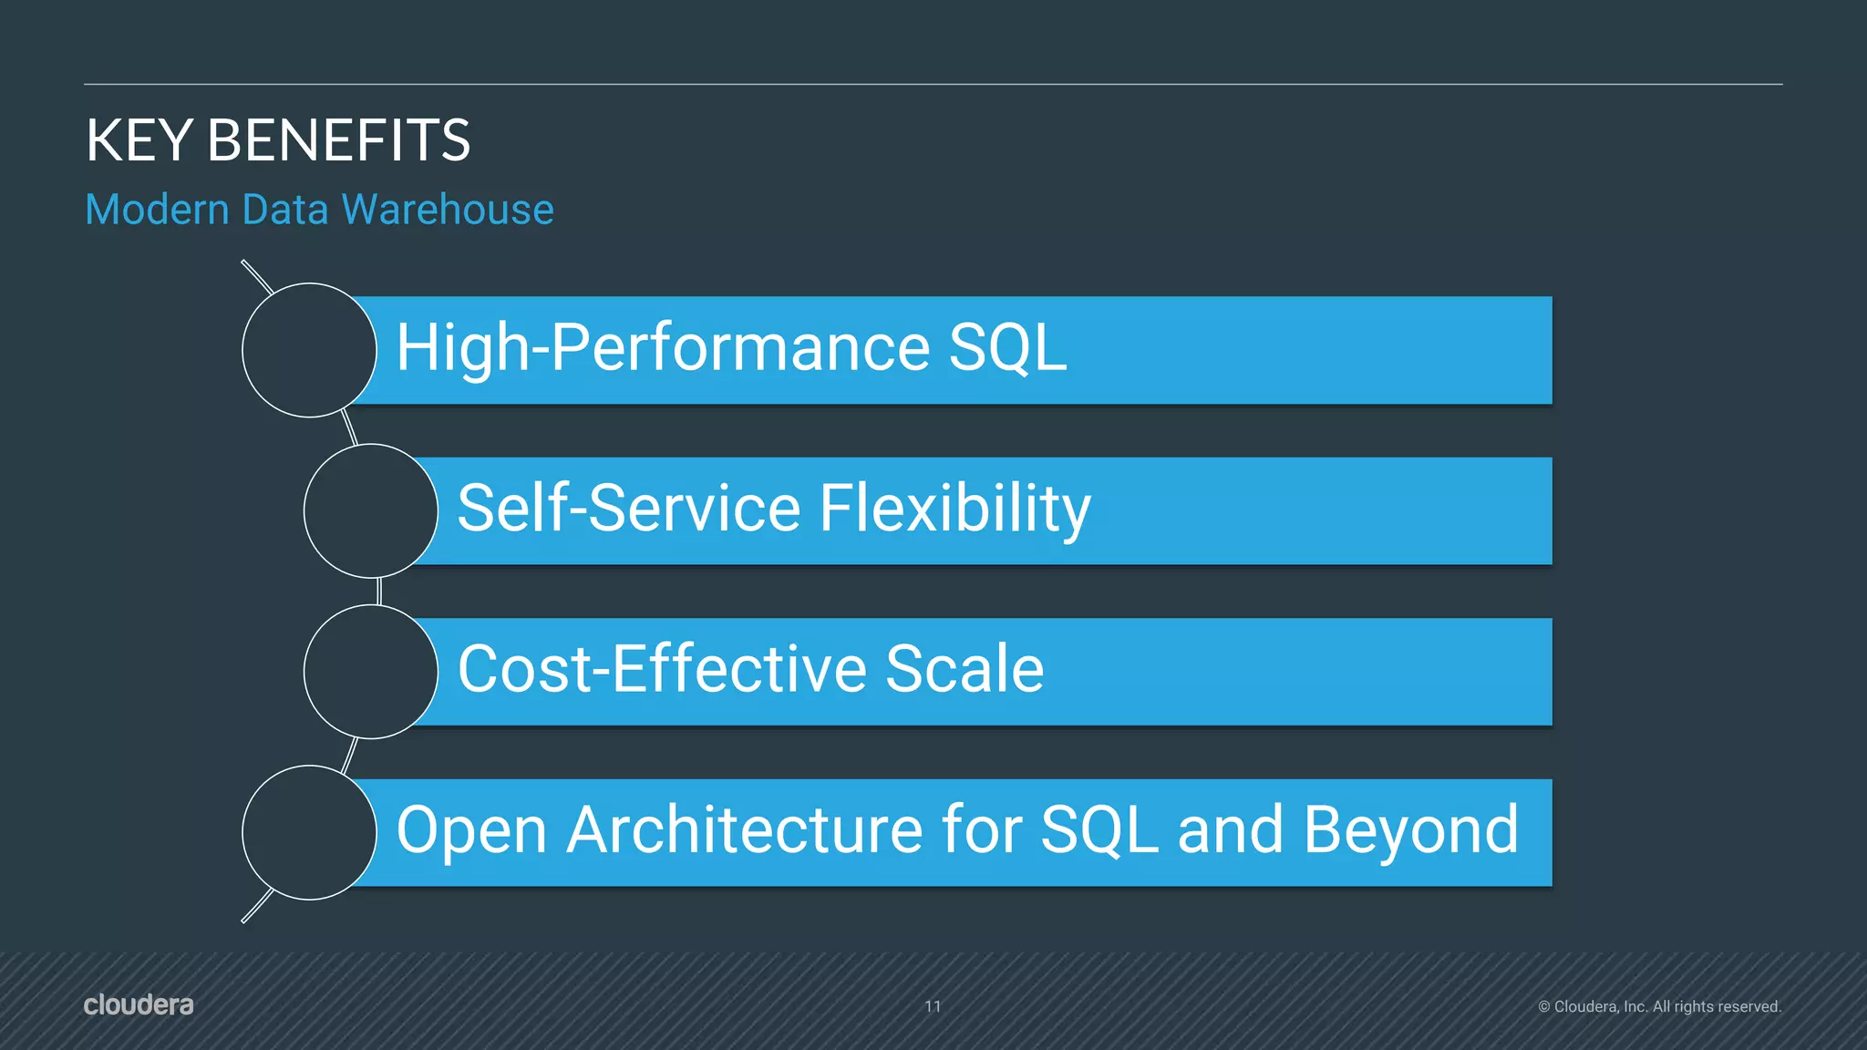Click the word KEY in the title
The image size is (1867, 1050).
coord(139,141)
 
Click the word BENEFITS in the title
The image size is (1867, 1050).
coord(338,141)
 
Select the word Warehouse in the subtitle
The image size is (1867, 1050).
coord(448,210)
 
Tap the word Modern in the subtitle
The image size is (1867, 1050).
coord(157,210)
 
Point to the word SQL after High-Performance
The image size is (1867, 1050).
coord(1007,347)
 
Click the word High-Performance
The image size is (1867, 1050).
coord(663,349)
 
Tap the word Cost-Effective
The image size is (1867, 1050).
coord(661,669)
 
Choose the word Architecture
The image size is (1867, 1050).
coord(745,830)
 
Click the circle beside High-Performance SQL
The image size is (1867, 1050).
coord(309,350)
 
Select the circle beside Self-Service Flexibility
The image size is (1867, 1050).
coord(370,510)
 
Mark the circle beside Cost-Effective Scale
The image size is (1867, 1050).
coord(370,672)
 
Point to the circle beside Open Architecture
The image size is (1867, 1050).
coord(309,832)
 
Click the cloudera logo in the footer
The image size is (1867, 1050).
coord(139,1004)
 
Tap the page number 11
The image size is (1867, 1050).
coord(933,1006)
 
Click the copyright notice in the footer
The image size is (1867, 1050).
coord(1659,1006)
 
